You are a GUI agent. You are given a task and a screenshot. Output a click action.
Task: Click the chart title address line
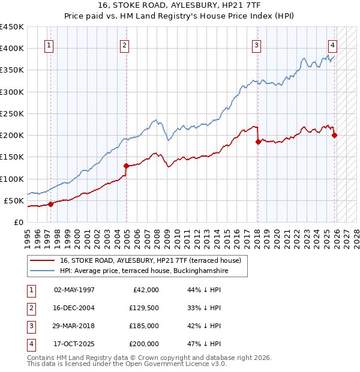pyautogui.click(x=180, y=5)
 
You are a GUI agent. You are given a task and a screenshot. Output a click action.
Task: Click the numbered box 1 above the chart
pyautogui.click(x=49, y=45)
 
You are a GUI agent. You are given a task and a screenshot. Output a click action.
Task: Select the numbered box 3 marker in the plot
pyautogui.click(x=256, y=45)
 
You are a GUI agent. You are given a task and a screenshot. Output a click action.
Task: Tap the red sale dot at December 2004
pyautogui.click(x=127, y=166)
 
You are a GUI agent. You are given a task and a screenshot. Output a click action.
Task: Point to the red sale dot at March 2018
pyautogui.click(x=257, y=142)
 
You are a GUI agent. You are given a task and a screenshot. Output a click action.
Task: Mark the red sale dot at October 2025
pyautogui.click(x=334, y=135)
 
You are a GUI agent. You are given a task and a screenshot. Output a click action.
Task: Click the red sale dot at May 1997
pyautogui.click(x=50, y=204)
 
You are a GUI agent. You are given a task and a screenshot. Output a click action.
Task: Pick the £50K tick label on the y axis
pyautogui.click(x=14, y=200)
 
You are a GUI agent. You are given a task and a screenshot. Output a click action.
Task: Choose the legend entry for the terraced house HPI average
pyautogui.click(x=145, y=271)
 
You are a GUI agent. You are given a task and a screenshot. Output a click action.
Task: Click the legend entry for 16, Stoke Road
pyautogui.click(x=150, y=260)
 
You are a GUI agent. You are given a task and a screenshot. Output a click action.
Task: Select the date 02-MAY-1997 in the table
pyautogui.click(x=74, y=290)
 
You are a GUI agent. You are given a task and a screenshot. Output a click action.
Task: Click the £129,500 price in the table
pyautogui.click(x=144, y=308)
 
